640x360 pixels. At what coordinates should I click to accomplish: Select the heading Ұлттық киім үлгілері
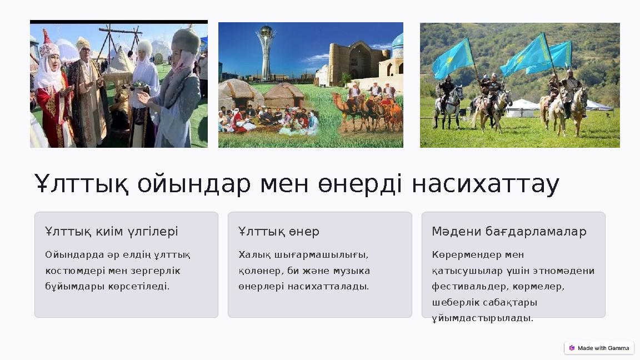111,231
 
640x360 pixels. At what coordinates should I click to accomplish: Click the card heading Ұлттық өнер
278,231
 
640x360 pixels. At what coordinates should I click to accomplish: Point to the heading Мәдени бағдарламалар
509,231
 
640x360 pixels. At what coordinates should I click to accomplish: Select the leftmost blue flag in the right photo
452,59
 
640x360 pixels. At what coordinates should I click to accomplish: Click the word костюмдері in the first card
72,271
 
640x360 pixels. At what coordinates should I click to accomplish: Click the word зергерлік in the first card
157,271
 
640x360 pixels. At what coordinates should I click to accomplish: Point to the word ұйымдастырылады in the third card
482,318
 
